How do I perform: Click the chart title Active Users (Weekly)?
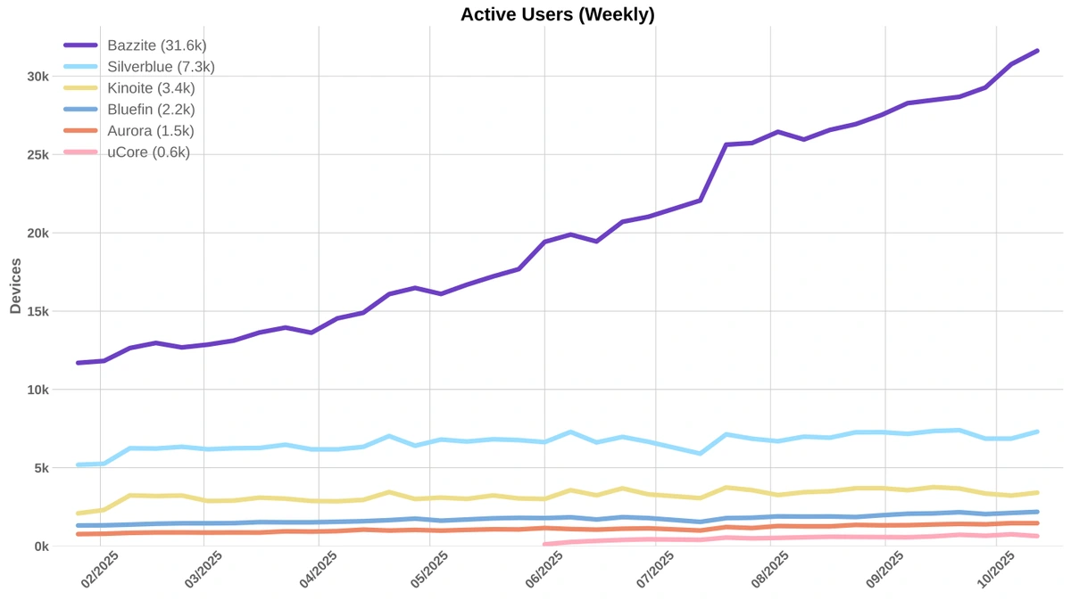click(x=557, y=14)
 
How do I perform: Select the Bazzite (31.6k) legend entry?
click(x=157, y=45)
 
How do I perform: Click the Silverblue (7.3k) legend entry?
click(x=161, y=67)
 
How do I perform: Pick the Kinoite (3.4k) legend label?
click(x=151, y=88)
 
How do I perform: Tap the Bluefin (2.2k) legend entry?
click(x=151, y=110)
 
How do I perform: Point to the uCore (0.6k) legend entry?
click(x=148, y=152)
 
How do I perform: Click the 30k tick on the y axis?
click(x=37, y=77)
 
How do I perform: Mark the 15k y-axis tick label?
click(x=37, y=311)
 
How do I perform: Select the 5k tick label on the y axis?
click(x=41, y=468)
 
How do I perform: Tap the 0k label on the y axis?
click(x=41, y=547)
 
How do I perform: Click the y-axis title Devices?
click(x=15, y=285)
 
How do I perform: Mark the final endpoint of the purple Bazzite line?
click(x=1037, y=51)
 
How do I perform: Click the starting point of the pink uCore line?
click(x=544, y=544)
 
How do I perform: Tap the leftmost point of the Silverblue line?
click(x=78, y=464)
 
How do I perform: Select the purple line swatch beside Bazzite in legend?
click(x=81, y=45)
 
